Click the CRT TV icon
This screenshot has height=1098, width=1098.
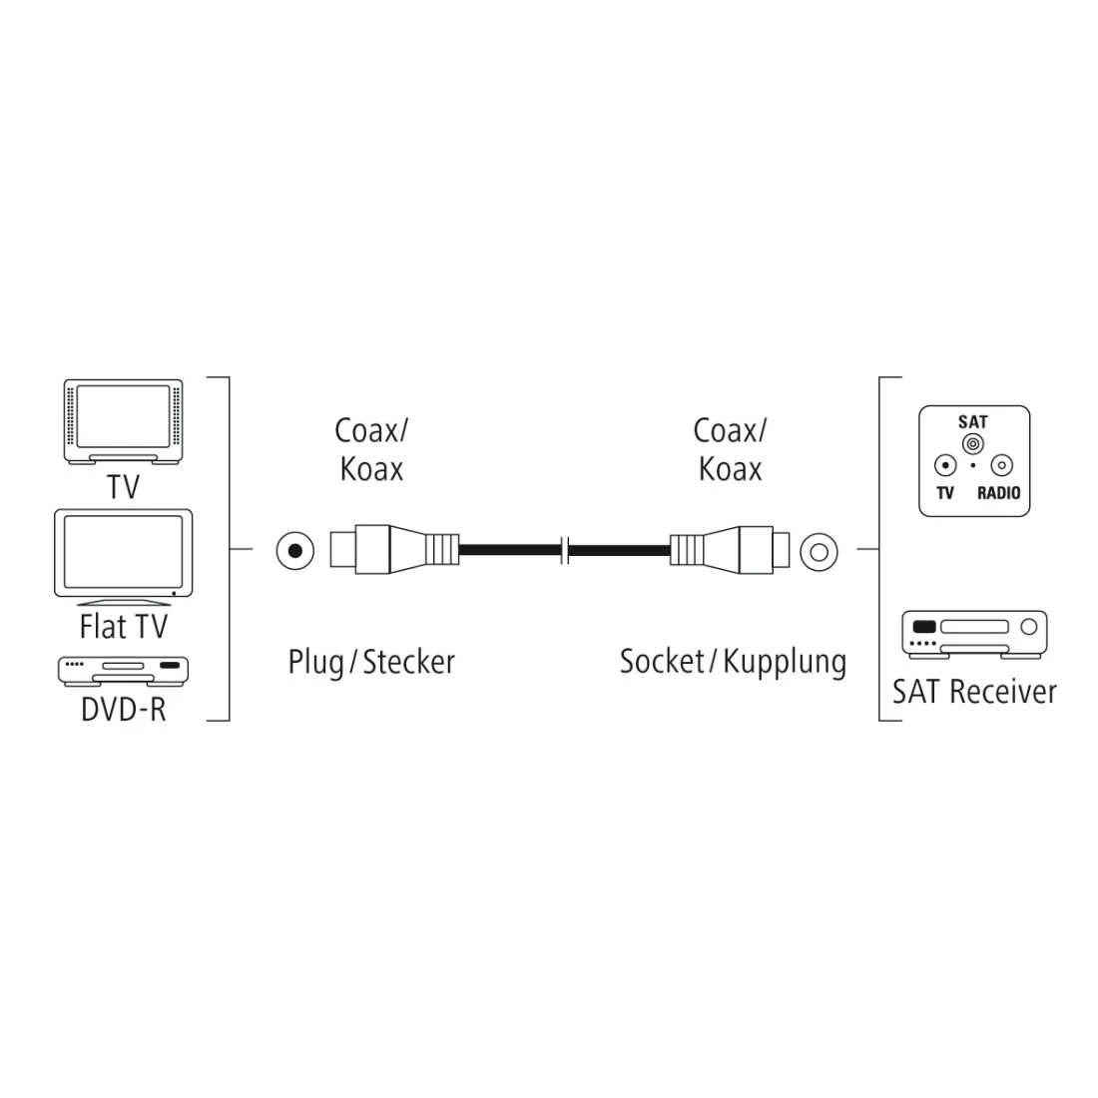tap(123, 420)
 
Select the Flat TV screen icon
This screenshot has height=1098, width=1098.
tap(124, 556)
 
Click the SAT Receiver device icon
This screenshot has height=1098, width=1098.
tap(974, 634)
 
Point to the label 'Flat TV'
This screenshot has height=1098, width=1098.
tap(124, 626)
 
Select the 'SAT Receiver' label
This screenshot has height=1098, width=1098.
tap(974, 691)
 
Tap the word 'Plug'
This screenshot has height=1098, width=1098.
tap(313, 661)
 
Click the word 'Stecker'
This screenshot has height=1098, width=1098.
tap(409, 661)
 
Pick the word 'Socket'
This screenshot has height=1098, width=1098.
tap(662, 661)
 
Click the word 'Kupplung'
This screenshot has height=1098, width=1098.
tap(785, 661)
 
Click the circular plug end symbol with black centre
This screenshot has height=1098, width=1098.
tap(292, 550)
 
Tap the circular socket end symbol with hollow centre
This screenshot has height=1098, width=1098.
tap(818, 550)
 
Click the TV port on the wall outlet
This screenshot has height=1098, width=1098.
tap(944, 465)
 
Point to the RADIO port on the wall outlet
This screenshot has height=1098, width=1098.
tap(1000, 465)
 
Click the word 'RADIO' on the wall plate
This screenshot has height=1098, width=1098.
tap(998, 492)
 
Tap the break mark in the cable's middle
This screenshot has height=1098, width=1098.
tap(565, 550)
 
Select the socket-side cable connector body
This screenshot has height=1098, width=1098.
tap(729, 550)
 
